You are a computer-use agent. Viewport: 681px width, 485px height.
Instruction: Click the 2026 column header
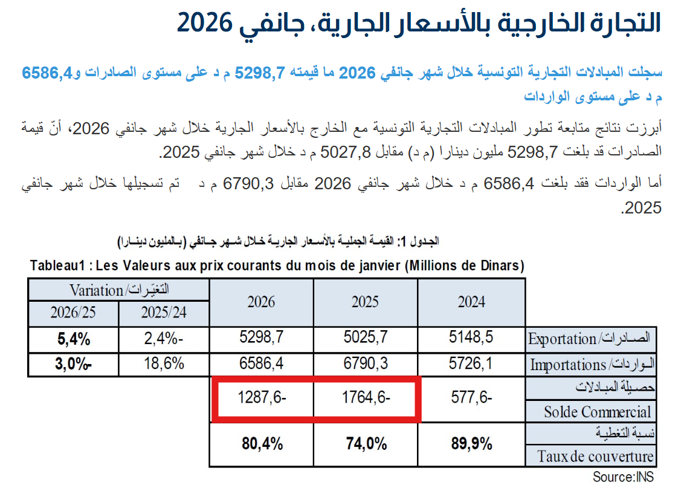(261, 302)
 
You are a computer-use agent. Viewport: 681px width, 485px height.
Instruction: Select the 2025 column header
(365, 302)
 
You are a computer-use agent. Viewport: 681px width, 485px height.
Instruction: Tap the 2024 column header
(471, 302)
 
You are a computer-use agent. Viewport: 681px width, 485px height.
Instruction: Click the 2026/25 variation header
(74, 313)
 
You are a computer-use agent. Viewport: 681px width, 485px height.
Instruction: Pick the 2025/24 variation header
(164, 313)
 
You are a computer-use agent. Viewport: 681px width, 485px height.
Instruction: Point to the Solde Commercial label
(597, 412)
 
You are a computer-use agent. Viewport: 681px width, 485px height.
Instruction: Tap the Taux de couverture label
(595, 457)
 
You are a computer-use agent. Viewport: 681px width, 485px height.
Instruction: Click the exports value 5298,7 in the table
(261, 338)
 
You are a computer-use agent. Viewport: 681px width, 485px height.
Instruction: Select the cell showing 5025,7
(365, 338)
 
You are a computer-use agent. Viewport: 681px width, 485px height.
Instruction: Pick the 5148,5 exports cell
(471, 338)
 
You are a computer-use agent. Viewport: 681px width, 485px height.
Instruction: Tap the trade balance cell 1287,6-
(261, 399)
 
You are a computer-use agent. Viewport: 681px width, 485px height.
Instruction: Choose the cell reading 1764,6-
(365, 399)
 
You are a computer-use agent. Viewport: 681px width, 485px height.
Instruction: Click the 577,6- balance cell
(471, 399)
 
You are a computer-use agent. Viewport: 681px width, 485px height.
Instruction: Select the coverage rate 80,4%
(261, 444)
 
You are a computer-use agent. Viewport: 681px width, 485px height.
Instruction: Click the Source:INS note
(623, 477)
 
